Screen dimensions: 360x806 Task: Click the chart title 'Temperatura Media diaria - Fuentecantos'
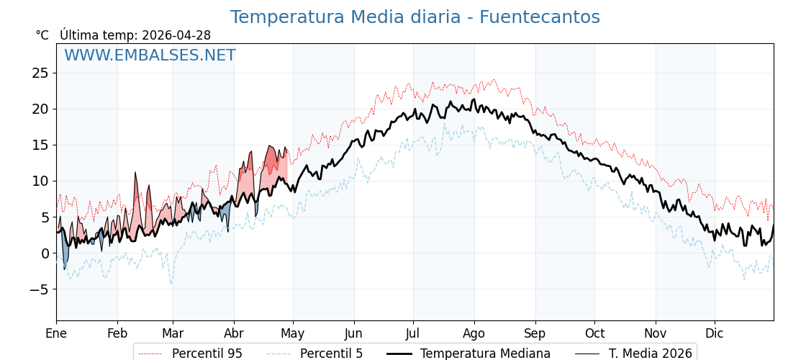[415, 17]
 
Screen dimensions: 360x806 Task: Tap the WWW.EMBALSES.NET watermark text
[150, 55]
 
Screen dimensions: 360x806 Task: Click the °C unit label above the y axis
[42, 35]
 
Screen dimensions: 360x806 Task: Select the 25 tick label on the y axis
[40, 73]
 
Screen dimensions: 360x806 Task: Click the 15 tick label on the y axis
[40, 145]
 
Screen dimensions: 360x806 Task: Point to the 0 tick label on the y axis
[44, 253]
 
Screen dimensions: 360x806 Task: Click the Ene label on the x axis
[56, 333]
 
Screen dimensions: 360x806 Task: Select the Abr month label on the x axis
[234, 333]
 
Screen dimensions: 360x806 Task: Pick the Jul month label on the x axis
[413, 333]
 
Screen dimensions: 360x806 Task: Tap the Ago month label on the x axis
[474, 333]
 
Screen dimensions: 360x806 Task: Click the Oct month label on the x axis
[594, 333]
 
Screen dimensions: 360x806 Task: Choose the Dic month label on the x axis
[715, 333]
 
